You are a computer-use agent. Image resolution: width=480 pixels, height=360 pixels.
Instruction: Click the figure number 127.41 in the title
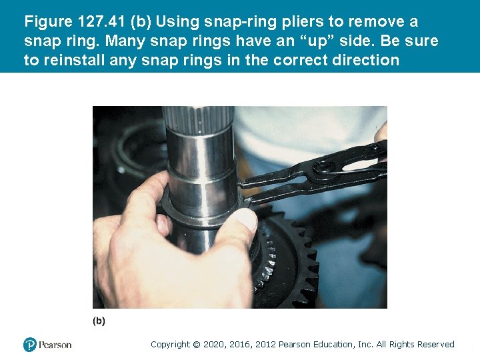point(101,21)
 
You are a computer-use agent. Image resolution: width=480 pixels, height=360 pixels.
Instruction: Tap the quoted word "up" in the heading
point(317,41)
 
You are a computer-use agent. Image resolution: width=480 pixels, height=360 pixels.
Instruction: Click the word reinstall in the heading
point(74,60)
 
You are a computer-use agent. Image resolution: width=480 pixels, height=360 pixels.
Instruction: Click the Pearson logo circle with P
point(30,345)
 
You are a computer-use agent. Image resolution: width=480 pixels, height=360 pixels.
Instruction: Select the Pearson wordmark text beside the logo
point(55,345)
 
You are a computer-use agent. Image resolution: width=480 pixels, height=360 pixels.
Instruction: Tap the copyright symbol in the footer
point(197,345)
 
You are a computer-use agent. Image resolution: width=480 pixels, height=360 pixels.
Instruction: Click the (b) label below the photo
point(99,321)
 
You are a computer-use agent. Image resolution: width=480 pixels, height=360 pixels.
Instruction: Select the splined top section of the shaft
point(198,119)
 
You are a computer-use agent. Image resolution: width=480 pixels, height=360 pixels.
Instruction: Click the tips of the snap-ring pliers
point(243,192)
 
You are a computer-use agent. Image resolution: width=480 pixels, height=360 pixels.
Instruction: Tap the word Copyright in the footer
point(170,345)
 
